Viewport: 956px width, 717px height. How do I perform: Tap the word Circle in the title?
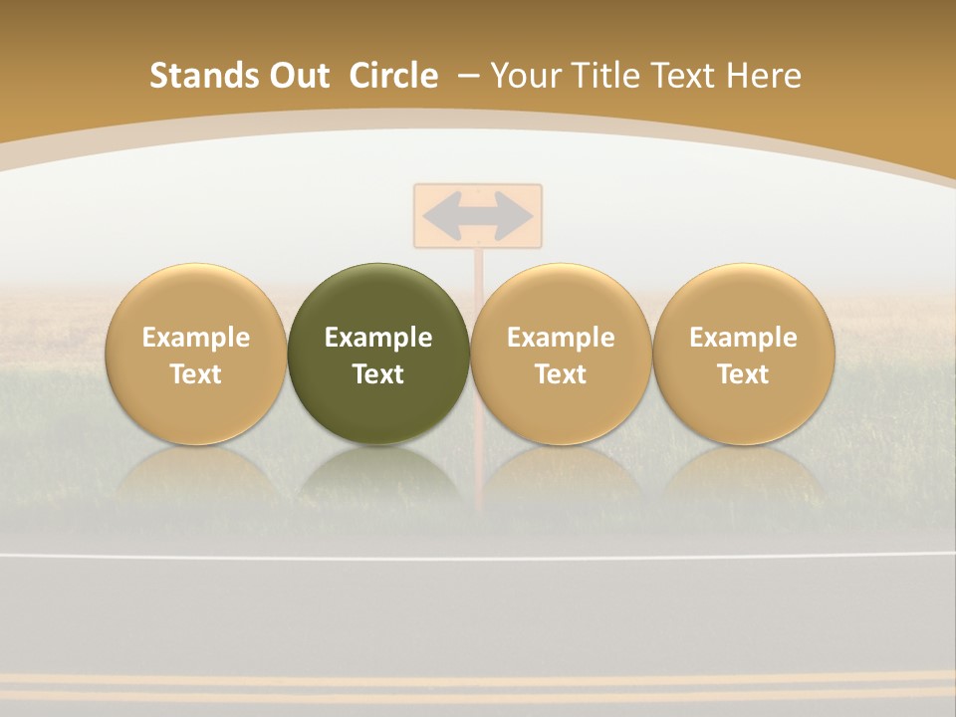tap(393, 76)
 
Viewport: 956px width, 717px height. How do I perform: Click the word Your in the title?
tap(524, 76)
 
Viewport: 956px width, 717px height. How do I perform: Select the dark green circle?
tap(378, 354)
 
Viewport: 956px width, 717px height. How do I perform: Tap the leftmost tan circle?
tap(196, 354)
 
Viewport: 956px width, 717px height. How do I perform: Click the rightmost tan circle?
tap(744, 354)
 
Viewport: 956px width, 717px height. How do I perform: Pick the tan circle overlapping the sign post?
tap(561, 354)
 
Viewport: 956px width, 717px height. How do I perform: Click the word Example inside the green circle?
tap(378, 338)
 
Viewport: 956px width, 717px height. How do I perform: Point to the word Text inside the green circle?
tap(378, 374)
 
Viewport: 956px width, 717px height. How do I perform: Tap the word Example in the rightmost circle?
tap(744, 338)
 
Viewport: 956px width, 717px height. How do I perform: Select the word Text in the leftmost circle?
tap(196, 374)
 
